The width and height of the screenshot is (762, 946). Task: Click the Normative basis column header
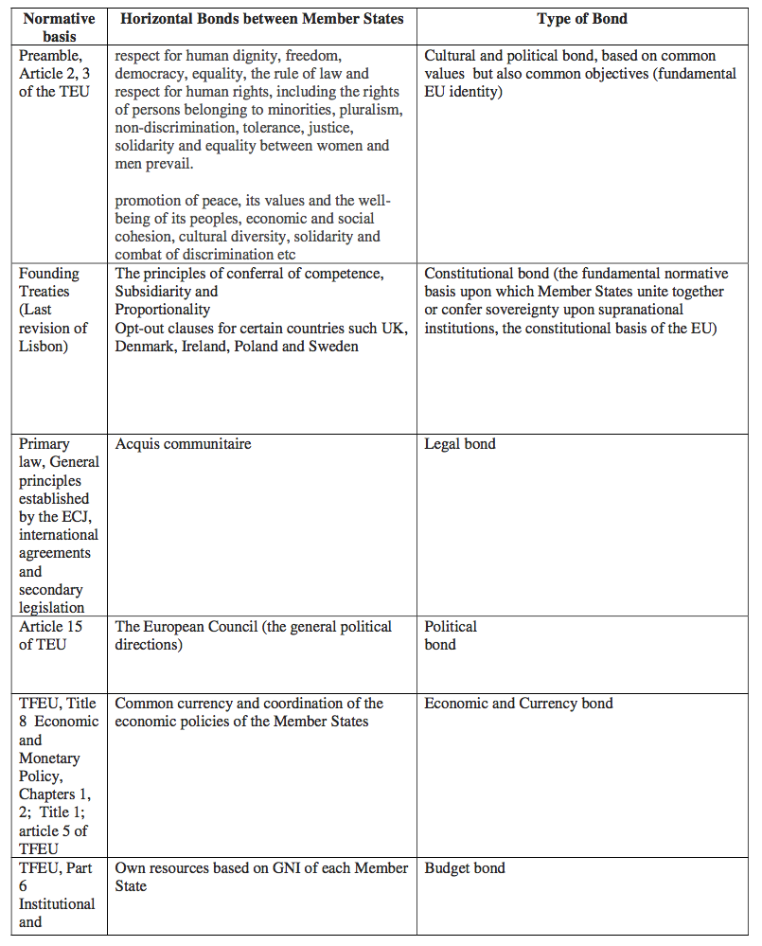pos(59,27)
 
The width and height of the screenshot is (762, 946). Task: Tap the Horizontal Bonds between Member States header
pos(261,19)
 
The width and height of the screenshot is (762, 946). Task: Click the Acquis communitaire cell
pos(183,443)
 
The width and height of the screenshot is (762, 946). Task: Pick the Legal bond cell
pos(459,443)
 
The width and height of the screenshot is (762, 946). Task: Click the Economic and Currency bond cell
pos(518,703)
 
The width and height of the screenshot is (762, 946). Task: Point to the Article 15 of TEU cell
pos(56,635)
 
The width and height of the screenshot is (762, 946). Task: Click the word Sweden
pos(335,346)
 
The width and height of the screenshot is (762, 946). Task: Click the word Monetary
pos(50,758)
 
